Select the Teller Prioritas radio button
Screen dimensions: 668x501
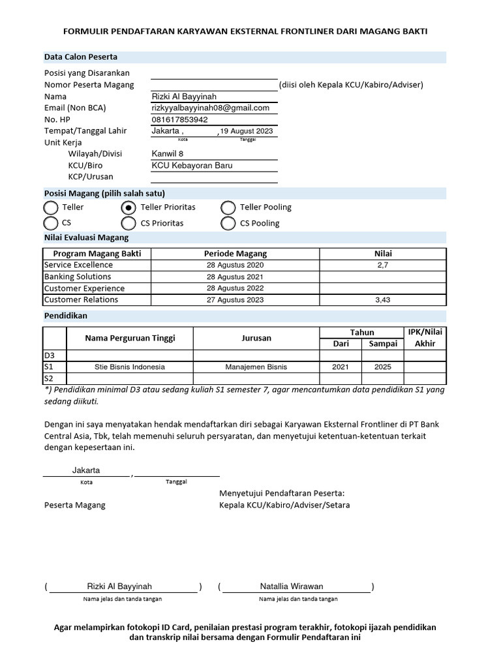[129, 207]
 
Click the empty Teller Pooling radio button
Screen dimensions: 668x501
[228, 207]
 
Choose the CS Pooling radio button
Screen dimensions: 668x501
[228, 224]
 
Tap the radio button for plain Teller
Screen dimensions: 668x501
[51, 207]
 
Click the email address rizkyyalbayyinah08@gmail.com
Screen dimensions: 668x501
[210, 108]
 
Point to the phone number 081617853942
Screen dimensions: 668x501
[179, 119]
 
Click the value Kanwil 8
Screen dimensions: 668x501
[168, 154]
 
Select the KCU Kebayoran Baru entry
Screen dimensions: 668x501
[192, 165]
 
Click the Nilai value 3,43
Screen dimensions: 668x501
[382, 300]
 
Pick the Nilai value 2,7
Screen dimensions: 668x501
[382, 266]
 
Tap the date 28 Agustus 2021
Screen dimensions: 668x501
[235, 277]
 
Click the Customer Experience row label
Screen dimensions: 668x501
[84, 288]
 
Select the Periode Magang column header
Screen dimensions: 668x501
[235, 254]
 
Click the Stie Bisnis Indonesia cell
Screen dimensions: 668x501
[129, 367]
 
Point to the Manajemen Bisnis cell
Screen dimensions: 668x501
[256, 367]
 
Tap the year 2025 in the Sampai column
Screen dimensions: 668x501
[383, 367]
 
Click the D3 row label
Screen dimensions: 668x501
[50, 356]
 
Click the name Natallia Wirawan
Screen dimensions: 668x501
[292, 586]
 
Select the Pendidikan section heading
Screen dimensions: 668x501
[65, 316]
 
